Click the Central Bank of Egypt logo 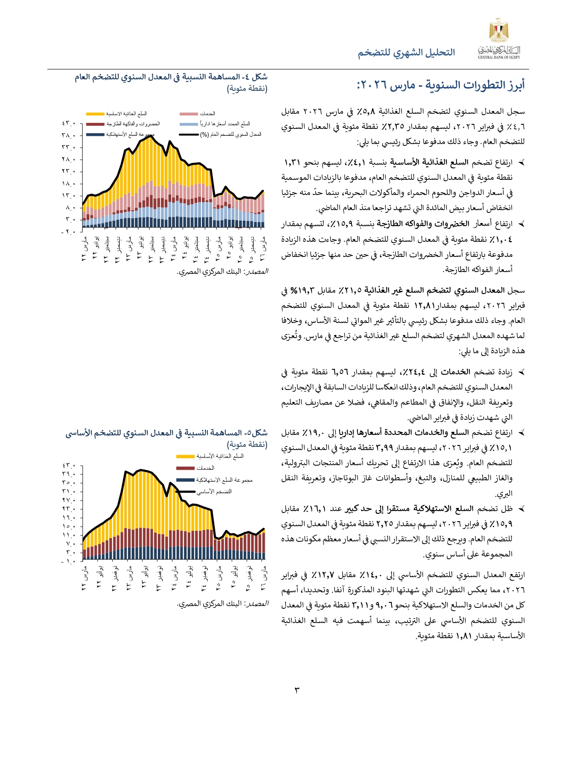tap(499, 39)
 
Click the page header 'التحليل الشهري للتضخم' tap(407, 53)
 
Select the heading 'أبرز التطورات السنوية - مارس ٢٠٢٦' tap(440, 85)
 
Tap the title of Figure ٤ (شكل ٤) tap(171, 77)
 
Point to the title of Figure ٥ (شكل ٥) tap(166, 433)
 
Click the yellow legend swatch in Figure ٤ tap(95, 114)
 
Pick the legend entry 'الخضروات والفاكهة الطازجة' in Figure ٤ tap(133, 124)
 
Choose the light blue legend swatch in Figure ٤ tap(189, 124)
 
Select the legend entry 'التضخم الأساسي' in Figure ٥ tap(214, 492)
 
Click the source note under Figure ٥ tap(223, 604)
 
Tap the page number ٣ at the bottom tap(296, 690)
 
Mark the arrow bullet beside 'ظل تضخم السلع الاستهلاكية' tap(521, 509)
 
